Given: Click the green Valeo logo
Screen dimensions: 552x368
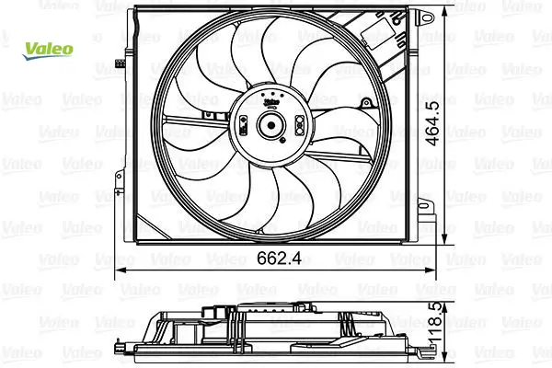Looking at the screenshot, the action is point(48,51).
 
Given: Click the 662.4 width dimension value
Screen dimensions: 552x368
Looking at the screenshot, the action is point(279,259).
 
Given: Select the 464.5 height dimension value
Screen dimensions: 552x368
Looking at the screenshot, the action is point(432,123).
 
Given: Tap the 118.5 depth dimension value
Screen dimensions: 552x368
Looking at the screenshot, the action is point(435,322).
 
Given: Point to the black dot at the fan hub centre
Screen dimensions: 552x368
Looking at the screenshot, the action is point(271,125).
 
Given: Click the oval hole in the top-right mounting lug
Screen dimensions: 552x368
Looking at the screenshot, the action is point(427,17).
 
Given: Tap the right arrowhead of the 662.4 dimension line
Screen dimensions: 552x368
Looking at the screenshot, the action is point(431,270).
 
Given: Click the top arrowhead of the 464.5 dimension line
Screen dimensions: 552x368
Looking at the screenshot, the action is point(444,11).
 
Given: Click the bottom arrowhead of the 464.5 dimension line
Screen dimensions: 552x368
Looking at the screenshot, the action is point(444,239).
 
